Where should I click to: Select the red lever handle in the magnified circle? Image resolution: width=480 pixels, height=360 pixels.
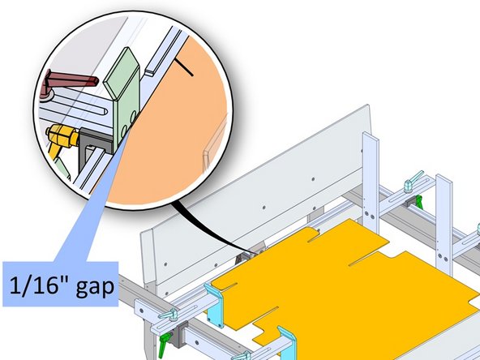tap(70, 79)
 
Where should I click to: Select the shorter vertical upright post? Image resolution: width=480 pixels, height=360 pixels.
tap(443, 219)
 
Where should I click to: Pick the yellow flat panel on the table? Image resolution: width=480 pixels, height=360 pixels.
tap(349, 276)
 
